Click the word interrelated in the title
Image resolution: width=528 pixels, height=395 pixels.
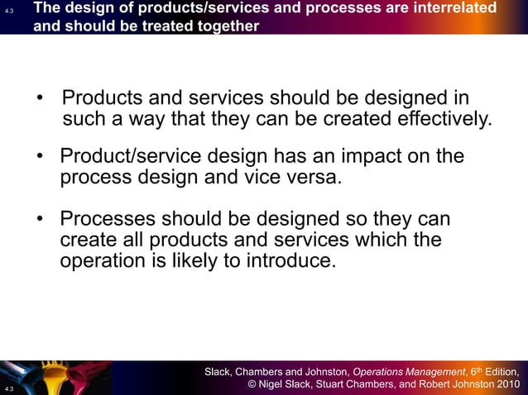tap(450, 8)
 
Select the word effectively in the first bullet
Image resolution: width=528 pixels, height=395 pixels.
tap(443, 121)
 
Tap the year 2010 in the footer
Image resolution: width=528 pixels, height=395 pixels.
tap(506, 384)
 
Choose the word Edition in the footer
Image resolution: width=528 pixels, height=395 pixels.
tap(499, 371)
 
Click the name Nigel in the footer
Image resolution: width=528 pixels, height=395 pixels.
tap(274, 384)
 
